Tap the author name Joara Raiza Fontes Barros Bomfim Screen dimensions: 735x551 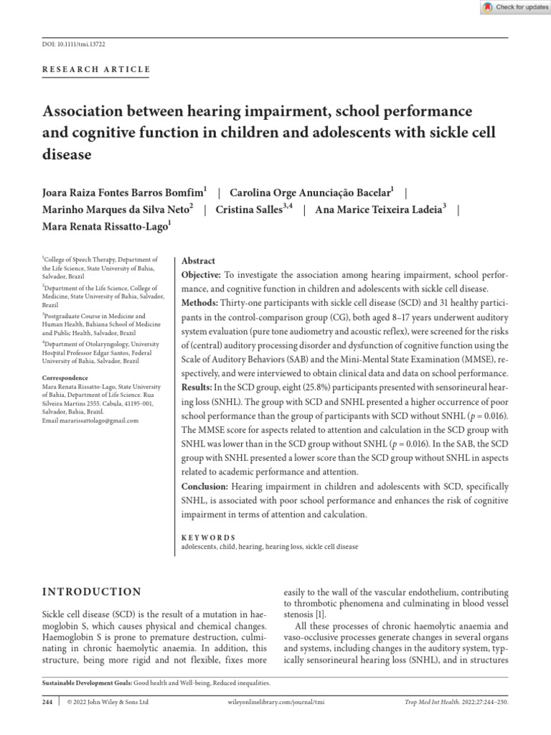pos(125,192)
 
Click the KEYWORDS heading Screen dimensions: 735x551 pos(208,537)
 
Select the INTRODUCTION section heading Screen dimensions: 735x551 pos(93,591)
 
